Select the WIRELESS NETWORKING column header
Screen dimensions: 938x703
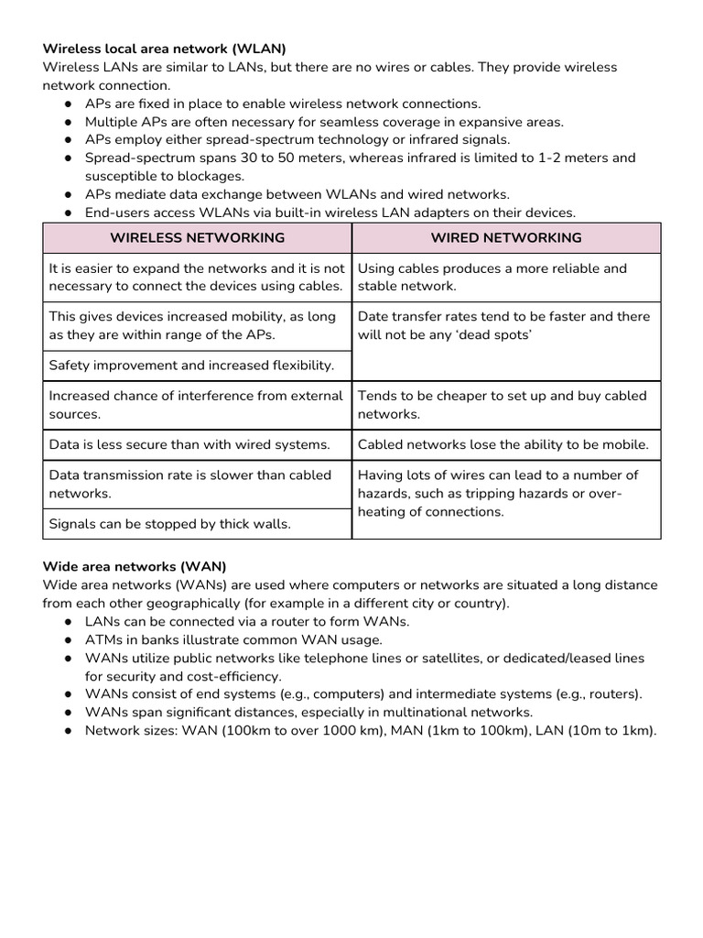(x=197, y=237)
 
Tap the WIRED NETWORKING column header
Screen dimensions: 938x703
(x=506, y=237)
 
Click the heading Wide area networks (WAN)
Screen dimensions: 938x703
(x=135, y=567)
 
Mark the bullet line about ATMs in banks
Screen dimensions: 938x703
(x=233, y=639)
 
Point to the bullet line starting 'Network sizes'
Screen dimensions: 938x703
(x=371, y=730)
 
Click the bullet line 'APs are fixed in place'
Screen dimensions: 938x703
(x=283, y=104)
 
